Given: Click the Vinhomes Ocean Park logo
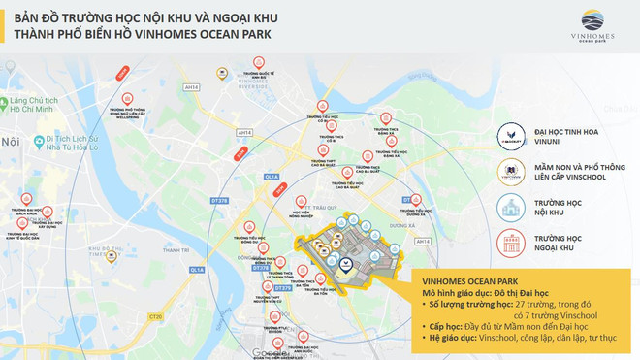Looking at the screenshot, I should point(594,26).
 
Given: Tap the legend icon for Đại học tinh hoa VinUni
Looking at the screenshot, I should point(509,137).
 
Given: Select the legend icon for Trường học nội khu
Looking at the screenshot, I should point(509,208).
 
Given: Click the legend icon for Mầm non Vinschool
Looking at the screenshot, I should point(509,173).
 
